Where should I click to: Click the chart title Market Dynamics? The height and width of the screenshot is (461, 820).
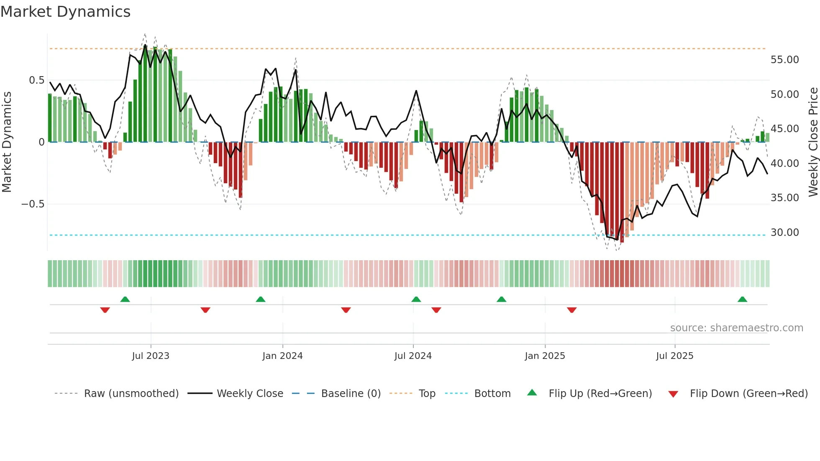point(65,12)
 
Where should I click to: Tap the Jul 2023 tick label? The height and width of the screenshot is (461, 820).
point(151,356)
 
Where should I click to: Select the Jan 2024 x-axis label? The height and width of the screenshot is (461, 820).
point(282,356)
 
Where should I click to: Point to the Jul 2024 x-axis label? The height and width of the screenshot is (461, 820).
point(413,356)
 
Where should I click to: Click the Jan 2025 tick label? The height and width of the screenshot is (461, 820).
point(545,356)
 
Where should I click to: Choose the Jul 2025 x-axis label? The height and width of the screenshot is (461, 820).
point(674,356)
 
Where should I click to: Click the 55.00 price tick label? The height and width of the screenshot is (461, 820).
point(784,60)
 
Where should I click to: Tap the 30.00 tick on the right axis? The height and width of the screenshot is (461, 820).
point(784,233)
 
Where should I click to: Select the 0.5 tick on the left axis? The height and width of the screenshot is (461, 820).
point(36,80)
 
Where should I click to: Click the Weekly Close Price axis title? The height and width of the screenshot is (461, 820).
point(813,142)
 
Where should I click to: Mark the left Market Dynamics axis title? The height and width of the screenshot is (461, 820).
point(7,142)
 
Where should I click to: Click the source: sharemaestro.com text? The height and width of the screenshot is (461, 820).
point(736,328)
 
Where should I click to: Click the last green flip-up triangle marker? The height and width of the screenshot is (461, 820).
point(742,300)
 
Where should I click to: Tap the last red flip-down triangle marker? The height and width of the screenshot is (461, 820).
point(571,310)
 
